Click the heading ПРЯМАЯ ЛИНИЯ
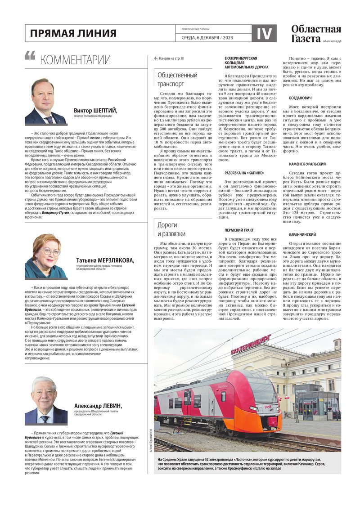73,33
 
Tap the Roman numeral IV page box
264,33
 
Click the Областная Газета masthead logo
315,34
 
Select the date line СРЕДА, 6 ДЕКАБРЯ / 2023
207,37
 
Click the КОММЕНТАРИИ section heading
75,60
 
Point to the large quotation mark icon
30,56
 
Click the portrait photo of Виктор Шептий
45,102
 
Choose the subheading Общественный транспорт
177,79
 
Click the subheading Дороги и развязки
171,229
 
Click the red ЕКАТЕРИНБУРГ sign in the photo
252,345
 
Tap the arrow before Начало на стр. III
156,58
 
